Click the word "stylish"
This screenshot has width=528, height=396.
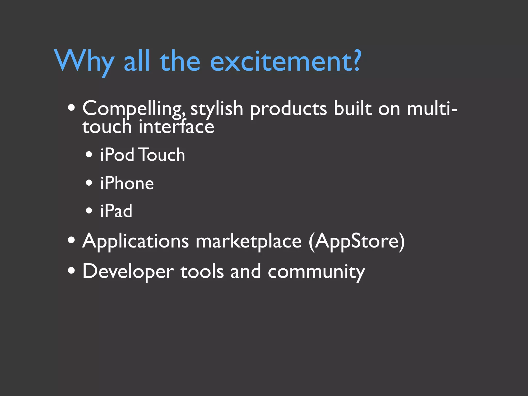tap(217, 109)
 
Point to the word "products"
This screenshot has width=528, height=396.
tap(288, 109)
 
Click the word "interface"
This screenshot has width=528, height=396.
tap(176, 127)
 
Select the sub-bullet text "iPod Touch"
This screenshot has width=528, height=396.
tap(143, 155)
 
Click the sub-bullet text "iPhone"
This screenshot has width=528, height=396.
tap(127, 183)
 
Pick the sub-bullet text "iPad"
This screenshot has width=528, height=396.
tap(116, 211)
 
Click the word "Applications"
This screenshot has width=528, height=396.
tap(136, 241)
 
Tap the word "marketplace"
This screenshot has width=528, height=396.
tap(249, 241)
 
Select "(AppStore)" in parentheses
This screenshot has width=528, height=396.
tap(357, 241)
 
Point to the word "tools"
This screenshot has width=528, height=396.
tap(202, 272)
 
